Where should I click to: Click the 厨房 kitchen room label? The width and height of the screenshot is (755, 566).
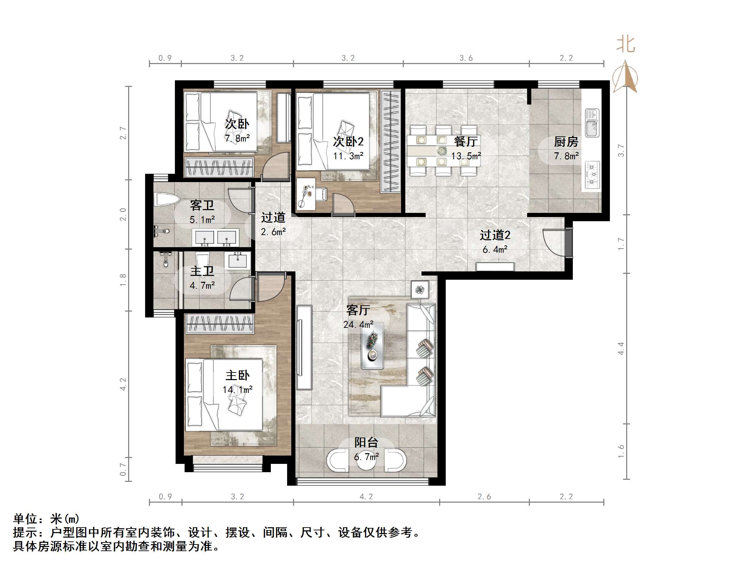[x=566, y=142]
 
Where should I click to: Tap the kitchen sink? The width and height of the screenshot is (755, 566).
[x=592, y=124]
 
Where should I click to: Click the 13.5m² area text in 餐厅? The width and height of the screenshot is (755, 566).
[x=466, y=156]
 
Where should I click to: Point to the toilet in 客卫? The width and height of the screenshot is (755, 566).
[x=167, y=200]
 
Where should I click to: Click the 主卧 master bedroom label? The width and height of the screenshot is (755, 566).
[x=237, y=375]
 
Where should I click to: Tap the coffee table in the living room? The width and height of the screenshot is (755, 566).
[x=372, y=345]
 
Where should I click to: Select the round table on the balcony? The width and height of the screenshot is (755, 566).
[x=366, y=460]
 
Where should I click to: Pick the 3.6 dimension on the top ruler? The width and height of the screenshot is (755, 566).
[x=466, y=58]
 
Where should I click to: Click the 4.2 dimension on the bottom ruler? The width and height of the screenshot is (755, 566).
[x=366, y=497]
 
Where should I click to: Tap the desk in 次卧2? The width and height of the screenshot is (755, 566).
[x=306, y=194]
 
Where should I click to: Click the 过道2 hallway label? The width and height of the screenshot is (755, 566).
[x=495, y=235]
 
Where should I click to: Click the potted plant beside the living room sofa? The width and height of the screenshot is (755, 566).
[x=420, y=289]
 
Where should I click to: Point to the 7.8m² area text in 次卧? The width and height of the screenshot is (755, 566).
[x=237, y=138]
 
